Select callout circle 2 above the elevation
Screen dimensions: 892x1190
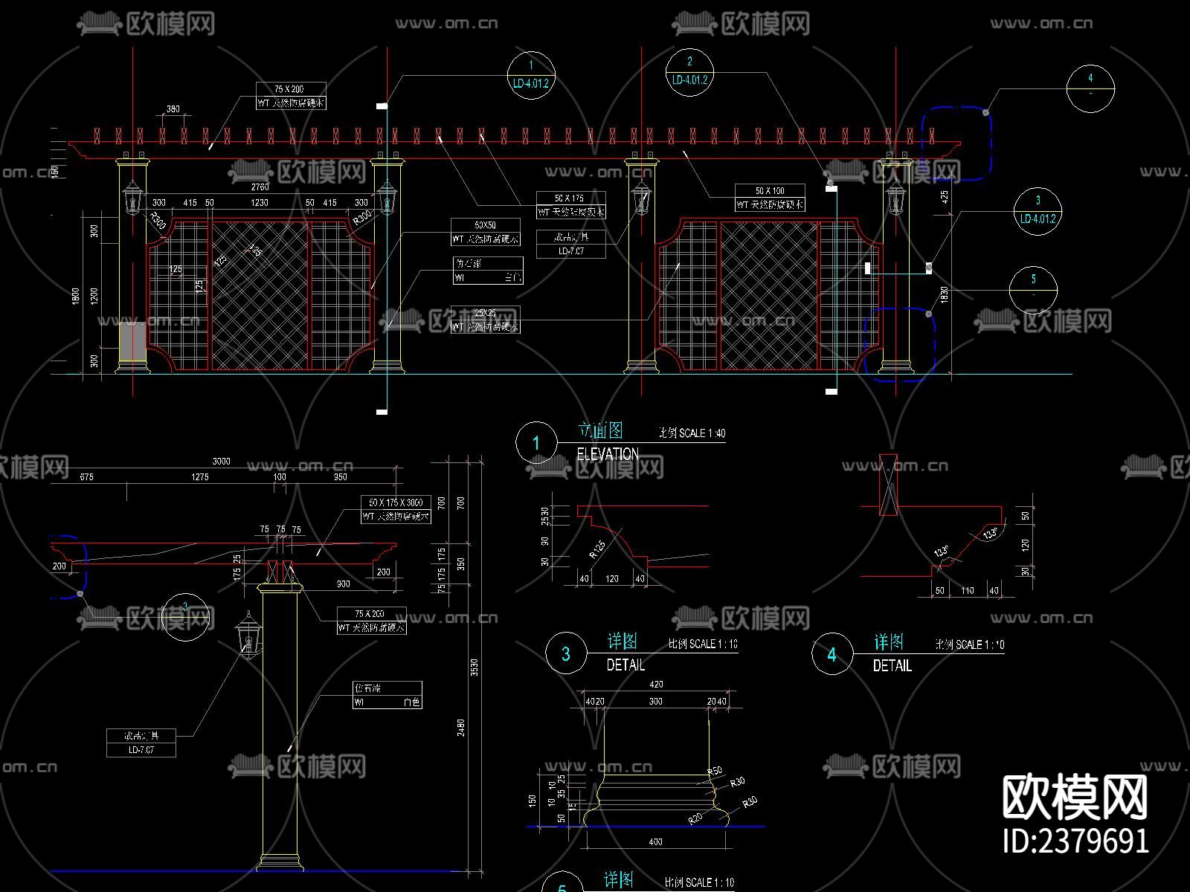[x=689, y=71]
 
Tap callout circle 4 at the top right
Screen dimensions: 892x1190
[x=1090, y=88]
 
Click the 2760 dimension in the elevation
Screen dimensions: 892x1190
[x=260, y=187]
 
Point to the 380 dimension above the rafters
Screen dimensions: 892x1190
[x=173, y=109]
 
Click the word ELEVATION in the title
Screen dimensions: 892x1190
[x=608, y=453]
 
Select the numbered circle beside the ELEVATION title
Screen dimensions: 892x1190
[x=536, y=443]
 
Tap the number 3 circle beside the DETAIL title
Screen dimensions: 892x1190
[x=566, y=653]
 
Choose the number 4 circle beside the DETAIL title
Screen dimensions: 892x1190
[x=832, y=654]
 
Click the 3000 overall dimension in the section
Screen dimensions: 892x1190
[x=222, y=461]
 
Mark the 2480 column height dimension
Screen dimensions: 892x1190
[x=461, y=728]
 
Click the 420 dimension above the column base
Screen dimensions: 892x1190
[x=656, y=685]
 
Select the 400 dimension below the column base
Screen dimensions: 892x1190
[x=655, y=841]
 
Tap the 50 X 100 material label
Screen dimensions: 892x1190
[x=770, y=191]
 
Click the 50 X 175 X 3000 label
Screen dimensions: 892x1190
[x=395, y=502]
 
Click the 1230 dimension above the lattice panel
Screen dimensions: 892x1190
[x=259, y=202]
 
